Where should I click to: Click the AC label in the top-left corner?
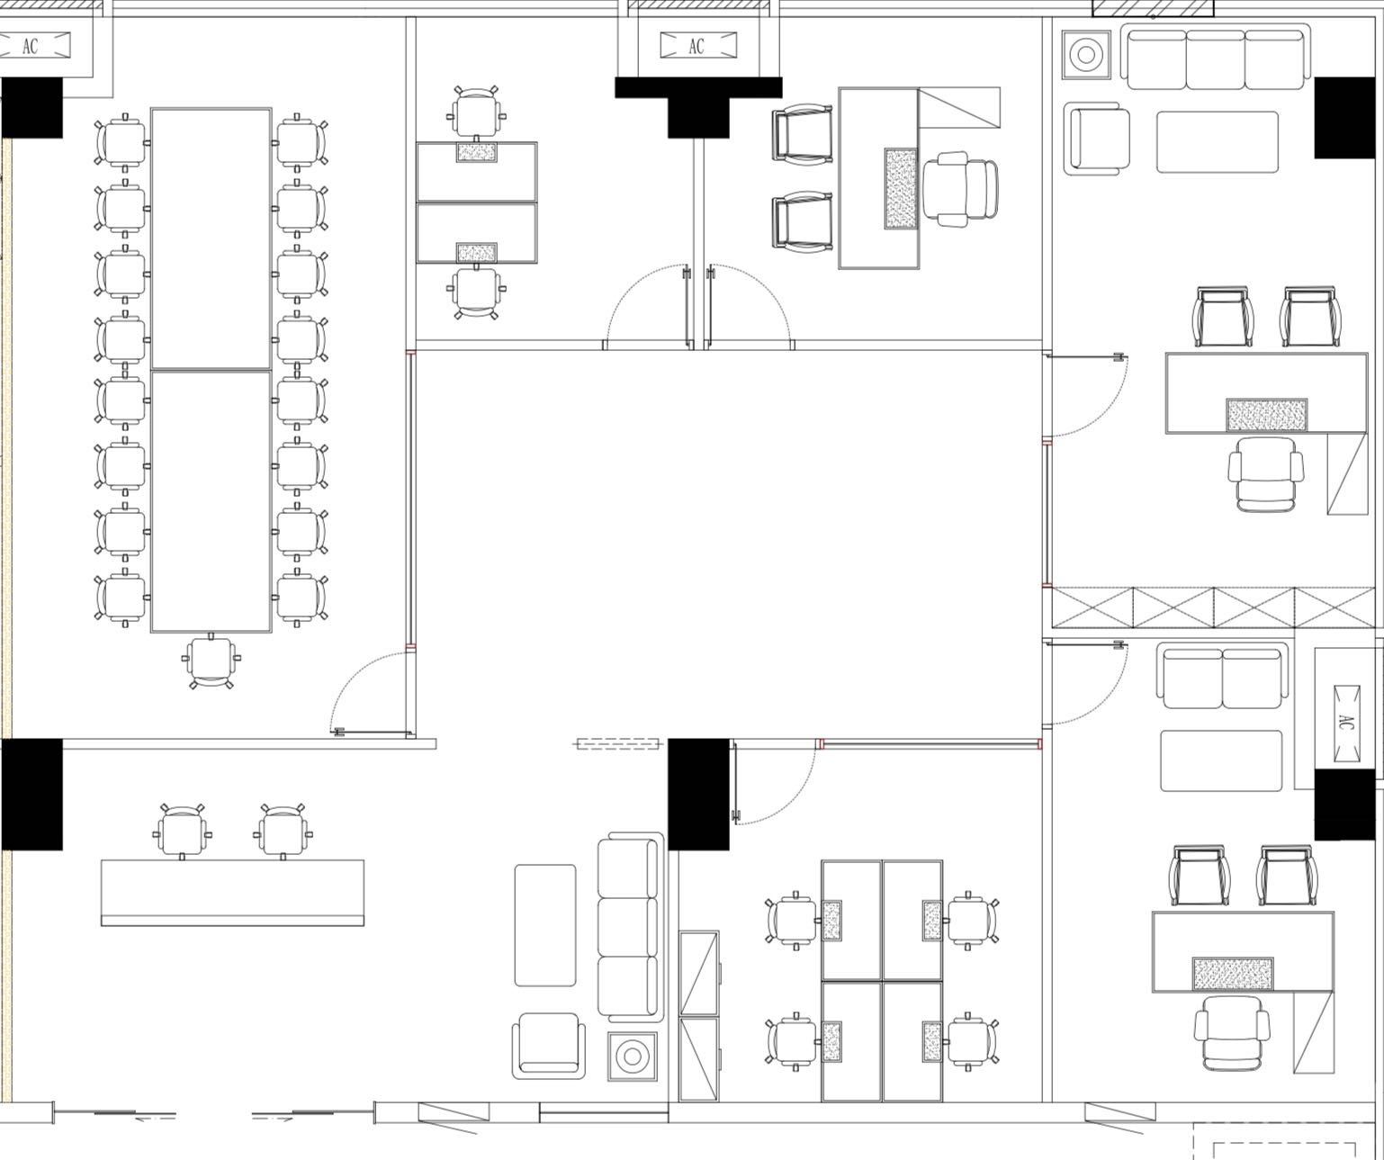[31, 47]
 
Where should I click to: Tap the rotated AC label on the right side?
[1346, 723]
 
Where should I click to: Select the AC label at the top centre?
[696, 47]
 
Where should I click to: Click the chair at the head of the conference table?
[211, 661]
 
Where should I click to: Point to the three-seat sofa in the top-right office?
[1216, 57]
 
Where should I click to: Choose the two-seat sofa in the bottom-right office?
[1222, 677]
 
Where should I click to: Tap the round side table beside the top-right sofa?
[1086, 54]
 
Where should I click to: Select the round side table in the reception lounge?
[633, 1056]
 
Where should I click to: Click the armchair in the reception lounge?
[549, 1046]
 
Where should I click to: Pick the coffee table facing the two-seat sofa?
[1221, 761]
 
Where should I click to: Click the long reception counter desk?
[233, 892]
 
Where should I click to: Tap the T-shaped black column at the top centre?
[698, 106]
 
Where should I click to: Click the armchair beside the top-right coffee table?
[1096, 139]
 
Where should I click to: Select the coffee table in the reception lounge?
[544, 925]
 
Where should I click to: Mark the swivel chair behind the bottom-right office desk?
[1232, 1034]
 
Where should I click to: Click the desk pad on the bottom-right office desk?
[1233, 974]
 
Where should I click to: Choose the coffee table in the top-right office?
[1218, 142]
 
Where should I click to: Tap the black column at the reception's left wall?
[31, 794]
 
